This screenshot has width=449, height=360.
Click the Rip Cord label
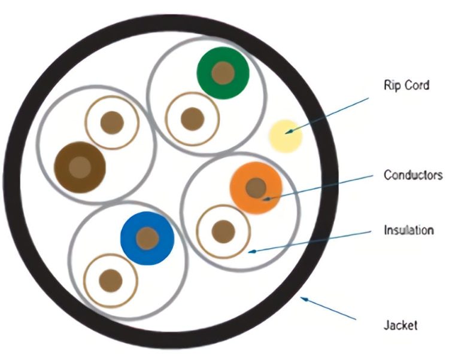pyautogui.click(x=406, y=85)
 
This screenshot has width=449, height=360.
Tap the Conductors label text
pyautogui.click(x=413, y=175)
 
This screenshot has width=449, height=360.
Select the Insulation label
pyautogui.click(x=409, y=230)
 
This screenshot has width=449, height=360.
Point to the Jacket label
pyautogui.click(x=401, y=325)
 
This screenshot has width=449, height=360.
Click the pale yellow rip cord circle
pyautogui.click(x=286, y=136)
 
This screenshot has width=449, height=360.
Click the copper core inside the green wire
pyautogui.click(x=223, y=73)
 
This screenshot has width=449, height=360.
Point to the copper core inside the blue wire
pyautogui.click(x=147, y=238)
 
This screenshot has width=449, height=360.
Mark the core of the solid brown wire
pyautogui.click(x=80, y=167)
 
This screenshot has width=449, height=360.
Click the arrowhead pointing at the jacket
pyautogui.click(x=304, y=299)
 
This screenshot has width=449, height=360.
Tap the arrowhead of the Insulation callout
pyautogui.click(x=251, y=252)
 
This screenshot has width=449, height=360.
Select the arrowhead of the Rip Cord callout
pyautogui.click(x=290, y=132)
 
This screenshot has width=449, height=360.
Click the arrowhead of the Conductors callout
pyautogui.click(x=267, y=199)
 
